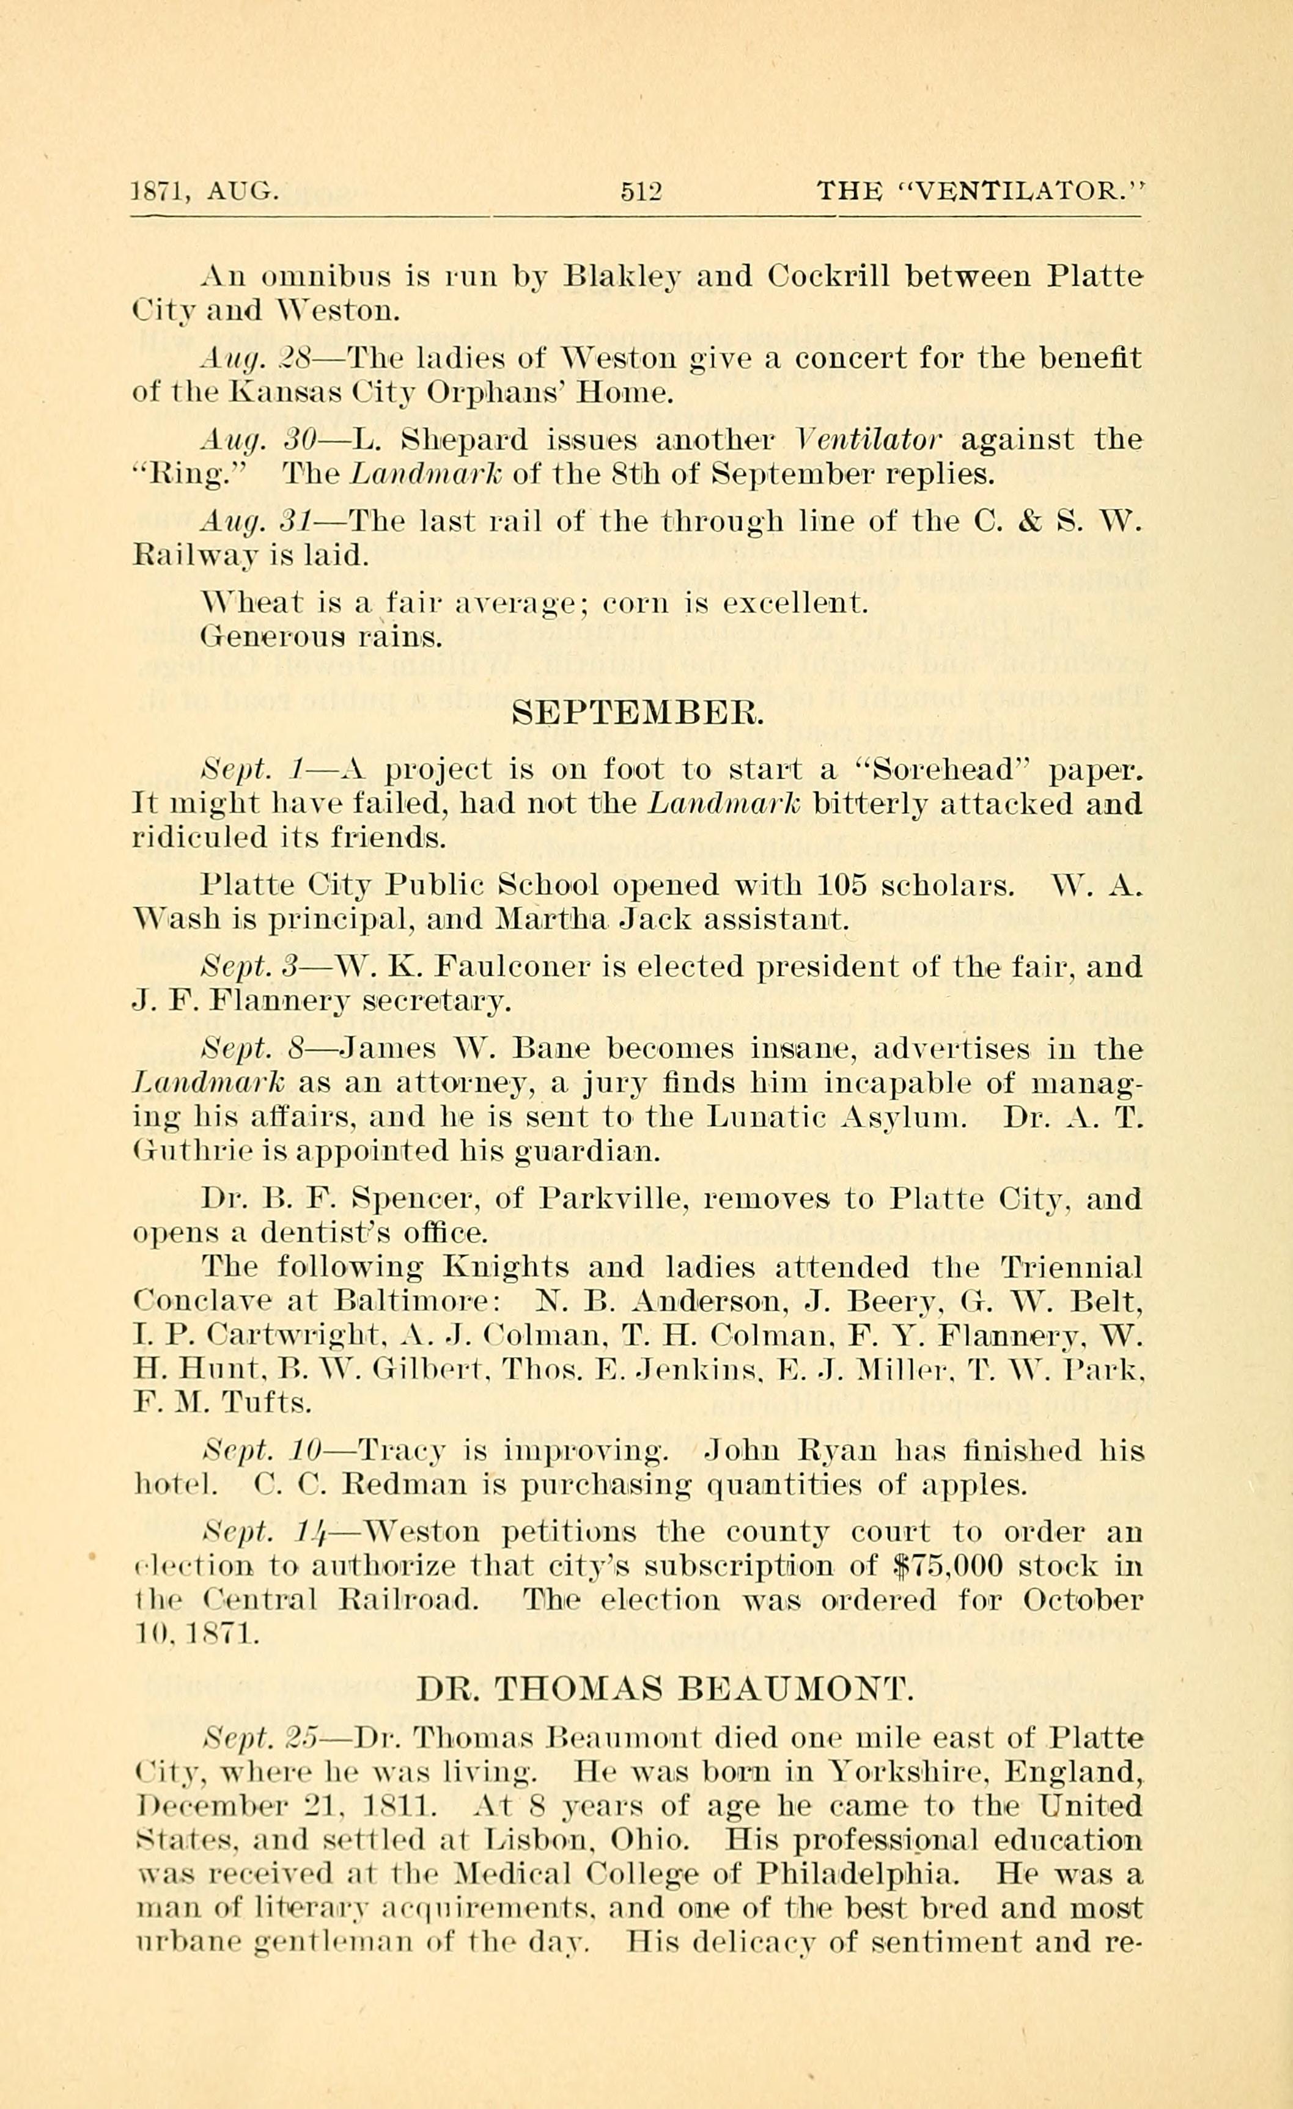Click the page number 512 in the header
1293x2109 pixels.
point(641,190)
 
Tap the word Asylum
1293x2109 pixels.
point(900,1117)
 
